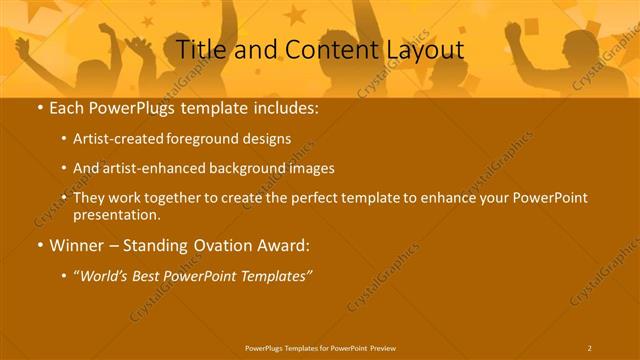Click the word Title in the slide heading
(201, 49)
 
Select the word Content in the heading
(322, 49)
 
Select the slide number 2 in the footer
(589, 347)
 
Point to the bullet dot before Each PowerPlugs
(38, 106)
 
